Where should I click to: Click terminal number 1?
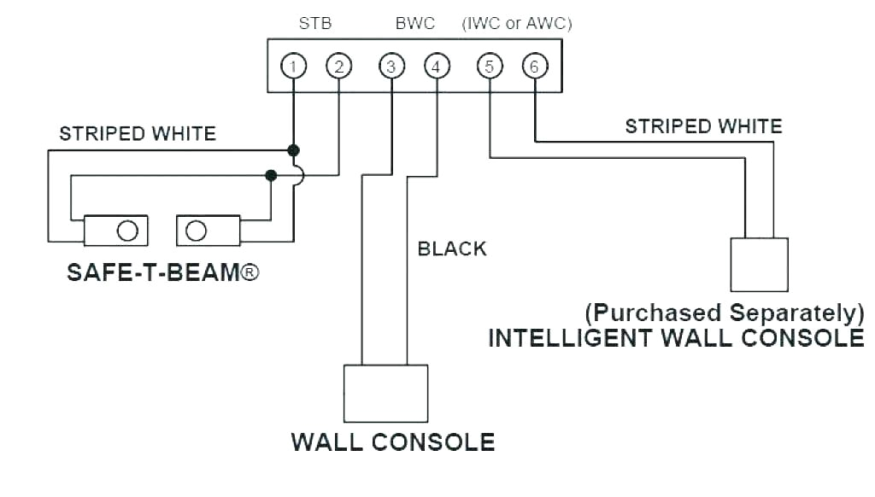click(x=293, y=66)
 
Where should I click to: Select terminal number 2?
click(x=338, y=66)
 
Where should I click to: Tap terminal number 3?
click(x=391, y=66)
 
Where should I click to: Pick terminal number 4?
click(x=436, y=66)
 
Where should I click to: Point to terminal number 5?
click(x=490, y=66)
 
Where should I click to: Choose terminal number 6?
click(x=534, y=66)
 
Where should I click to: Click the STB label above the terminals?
click(x=314, y=24)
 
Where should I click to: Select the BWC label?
click(x=415, y=24)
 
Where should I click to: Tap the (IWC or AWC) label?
click(x=517, y=24)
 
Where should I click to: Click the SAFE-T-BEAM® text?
click(x=162, y=274)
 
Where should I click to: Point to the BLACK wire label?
click(x=451, y=248)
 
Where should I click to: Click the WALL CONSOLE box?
click(x=385, y=394)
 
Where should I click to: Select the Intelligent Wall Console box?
click(x=759, y=265)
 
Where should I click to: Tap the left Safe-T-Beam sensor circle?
click(x=127, y=231)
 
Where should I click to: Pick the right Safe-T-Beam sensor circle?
click(x=196, y=231)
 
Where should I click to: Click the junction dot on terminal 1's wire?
click(x=293, y=150)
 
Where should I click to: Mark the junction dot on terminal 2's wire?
click(x=271, y=175)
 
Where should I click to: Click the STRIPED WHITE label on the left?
click(x=138, y=134)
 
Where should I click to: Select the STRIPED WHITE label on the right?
click(x=703, y=127)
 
